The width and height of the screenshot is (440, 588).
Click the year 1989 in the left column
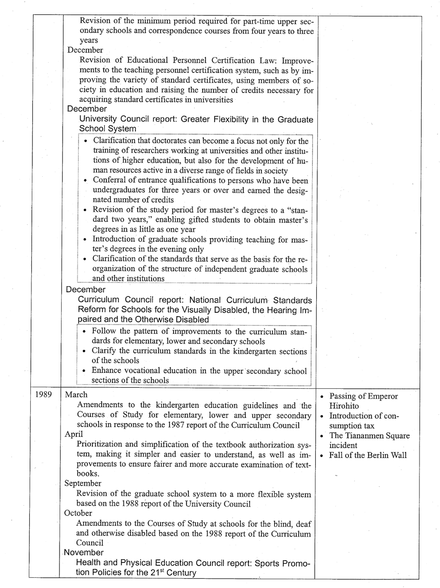(44, 395)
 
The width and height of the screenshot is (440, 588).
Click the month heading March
(76, 395)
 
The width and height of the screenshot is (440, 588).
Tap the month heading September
(83, 483)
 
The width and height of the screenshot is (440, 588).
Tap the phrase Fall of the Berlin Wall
(368, 455)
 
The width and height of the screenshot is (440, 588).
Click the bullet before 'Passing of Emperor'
(321, 396)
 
